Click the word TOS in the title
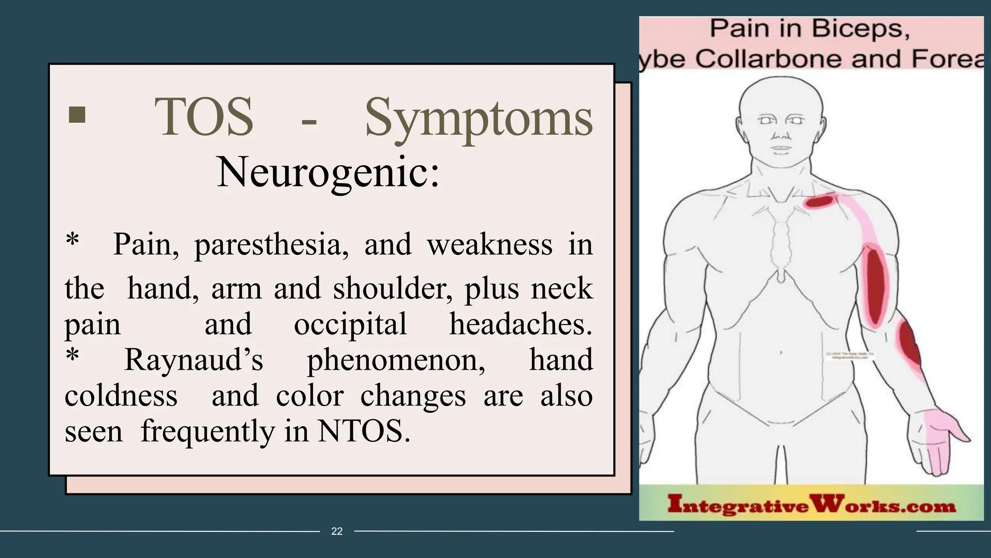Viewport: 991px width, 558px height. coord(204,117)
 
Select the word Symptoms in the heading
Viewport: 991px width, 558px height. coord(479,119)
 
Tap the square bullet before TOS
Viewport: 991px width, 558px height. coord(77,115)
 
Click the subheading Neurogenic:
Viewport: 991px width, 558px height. coord(328,172)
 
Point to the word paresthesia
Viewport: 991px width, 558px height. coord(271,245)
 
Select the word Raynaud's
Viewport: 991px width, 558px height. coord(194,360)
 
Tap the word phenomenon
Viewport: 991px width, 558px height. coord(396,361)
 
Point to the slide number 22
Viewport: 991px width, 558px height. coord(337,531)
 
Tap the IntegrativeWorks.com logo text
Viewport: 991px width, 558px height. coord(811,506)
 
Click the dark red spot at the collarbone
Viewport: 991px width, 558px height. coord(819,201)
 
